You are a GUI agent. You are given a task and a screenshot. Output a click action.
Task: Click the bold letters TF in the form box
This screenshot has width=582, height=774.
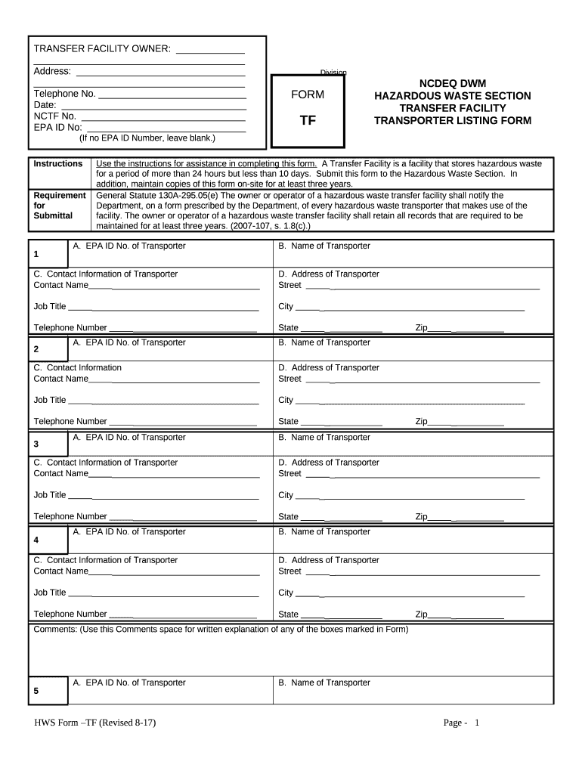pos(308,120)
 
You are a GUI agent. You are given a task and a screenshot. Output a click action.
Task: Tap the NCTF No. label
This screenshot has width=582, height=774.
pos(55,116)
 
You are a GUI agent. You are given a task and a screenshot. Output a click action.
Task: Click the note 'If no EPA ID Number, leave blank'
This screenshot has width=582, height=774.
pos(147,138)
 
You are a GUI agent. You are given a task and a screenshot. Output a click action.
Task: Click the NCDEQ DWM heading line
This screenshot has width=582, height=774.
pos(453,83)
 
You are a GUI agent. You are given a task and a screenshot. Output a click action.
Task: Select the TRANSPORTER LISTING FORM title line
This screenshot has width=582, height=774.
pos(453,121)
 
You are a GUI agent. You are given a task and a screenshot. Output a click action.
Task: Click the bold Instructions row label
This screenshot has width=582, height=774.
pos(58,164)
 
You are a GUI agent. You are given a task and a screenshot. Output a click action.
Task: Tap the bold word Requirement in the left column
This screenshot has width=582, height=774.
pos(60,195)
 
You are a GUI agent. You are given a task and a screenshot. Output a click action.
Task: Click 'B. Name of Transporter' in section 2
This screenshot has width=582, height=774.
pos(324,342)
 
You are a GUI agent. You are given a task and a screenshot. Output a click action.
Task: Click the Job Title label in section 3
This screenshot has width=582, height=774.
pos(50,495)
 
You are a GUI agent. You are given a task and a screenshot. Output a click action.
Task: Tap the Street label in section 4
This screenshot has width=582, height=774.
pos(289,571)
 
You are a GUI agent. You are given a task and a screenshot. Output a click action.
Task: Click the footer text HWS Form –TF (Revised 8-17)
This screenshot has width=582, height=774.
pos(95,723)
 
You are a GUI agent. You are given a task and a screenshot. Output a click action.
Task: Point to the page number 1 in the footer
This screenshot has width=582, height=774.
pos(477,723)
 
